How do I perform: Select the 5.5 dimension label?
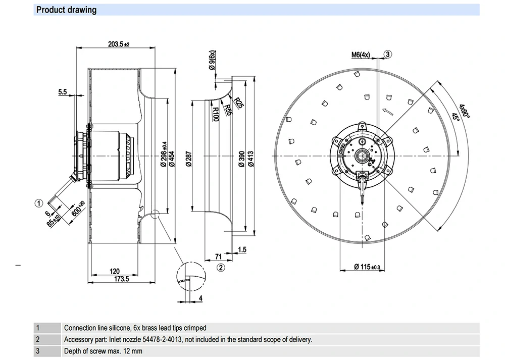coord(63,92)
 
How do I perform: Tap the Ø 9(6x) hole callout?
coord(213,63)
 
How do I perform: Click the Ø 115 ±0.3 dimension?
coord(367,266)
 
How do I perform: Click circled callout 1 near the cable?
coord(38,203)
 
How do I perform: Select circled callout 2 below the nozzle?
coord(221,267)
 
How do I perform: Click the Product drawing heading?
coord(67,10)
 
